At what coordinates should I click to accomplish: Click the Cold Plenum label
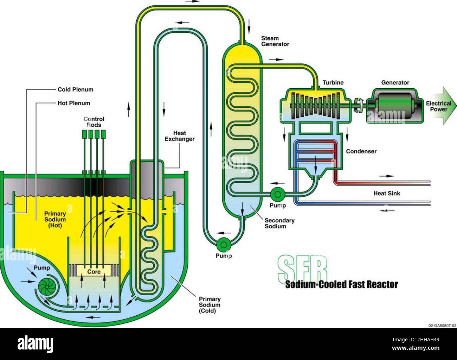tap(75, 89)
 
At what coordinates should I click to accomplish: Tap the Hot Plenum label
tap(74, 103)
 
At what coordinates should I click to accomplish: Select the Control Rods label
tap(94, 122)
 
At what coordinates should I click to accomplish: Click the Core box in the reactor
tap(94, 272)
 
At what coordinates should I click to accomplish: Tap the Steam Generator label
tap(275, 41)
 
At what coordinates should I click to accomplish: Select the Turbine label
tap(333, 83)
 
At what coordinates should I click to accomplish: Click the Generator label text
tap(395, 83)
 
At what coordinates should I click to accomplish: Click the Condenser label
tap(361, 151)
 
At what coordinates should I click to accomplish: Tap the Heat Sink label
tap(387, 193)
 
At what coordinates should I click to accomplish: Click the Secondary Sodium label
tap(279, 223)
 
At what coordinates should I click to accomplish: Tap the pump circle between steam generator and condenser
tap(278, 193)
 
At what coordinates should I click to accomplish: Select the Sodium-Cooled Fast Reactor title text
tap(341, 284)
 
